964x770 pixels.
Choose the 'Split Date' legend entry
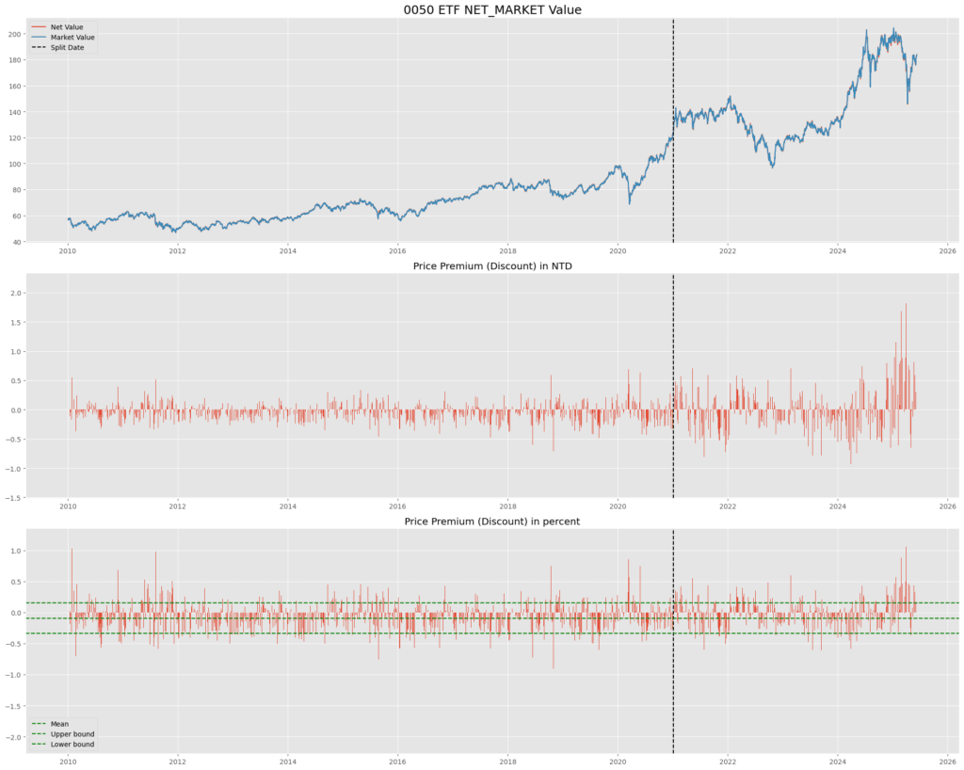pos(68,47)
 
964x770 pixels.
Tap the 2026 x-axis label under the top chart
pos(948,252)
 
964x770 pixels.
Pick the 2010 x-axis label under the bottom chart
pos(68,761)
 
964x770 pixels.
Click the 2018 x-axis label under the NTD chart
pos(508,506)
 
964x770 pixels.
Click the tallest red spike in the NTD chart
pos(906,304)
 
